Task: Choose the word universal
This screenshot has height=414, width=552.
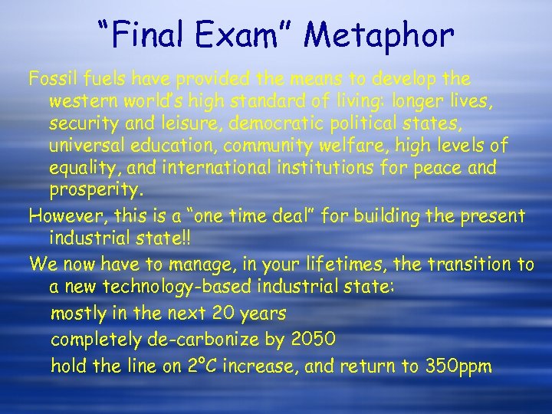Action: pos(85,145)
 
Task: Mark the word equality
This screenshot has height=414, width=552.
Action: pos(81,167)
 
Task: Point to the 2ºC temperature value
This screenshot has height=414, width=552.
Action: pos(203,366)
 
